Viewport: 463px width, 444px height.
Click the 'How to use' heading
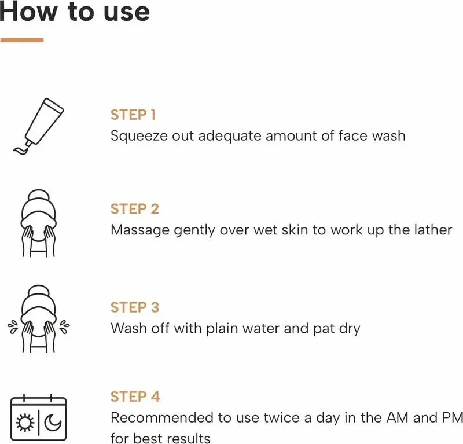tap(75, 12)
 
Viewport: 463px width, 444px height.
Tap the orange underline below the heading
tap(22, 40)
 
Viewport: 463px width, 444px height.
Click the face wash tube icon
tap(39, 126)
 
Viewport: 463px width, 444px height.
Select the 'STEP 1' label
tap(133, 115)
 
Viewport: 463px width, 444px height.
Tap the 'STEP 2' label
tap(135, 209)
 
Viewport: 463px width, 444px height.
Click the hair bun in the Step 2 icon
tap(38, 196)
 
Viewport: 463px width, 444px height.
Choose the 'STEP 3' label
tap(135, 307)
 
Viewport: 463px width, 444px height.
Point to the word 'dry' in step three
tap(350, 329)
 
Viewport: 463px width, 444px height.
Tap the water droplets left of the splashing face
tap(13, 326)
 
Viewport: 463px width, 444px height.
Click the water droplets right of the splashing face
tap(65, 326)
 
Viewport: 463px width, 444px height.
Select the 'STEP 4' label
tap(135, 397)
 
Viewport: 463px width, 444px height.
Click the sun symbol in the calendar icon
tap(25, 423)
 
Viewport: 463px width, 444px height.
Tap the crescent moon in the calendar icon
tap(53, 423)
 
